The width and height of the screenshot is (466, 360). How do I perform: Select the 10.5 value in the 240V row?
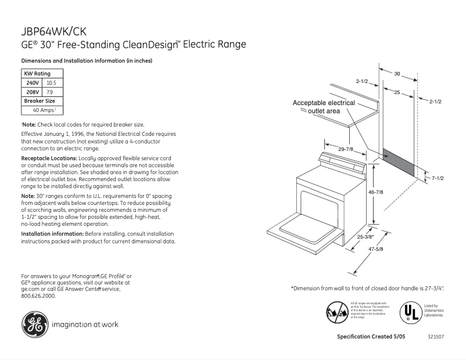click(x=51, y=83)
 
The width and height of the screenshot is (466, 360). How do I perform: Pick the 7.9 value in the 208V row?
click(x=50, y=92)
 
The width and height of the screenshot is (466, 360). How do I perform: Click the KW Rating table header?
click(x=37, y=74)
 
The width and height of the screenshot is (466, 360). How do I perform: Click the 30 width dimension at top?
click(x=397, y=74)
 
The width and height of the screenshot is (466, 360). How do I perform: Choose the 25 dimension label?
click(x=397, y=92)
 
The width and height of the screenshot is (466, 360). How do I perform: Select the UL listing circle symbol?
click(x=410, y=312)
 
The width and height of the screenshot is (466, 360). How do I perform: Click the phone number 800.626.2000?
click(x=38, y=296)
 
